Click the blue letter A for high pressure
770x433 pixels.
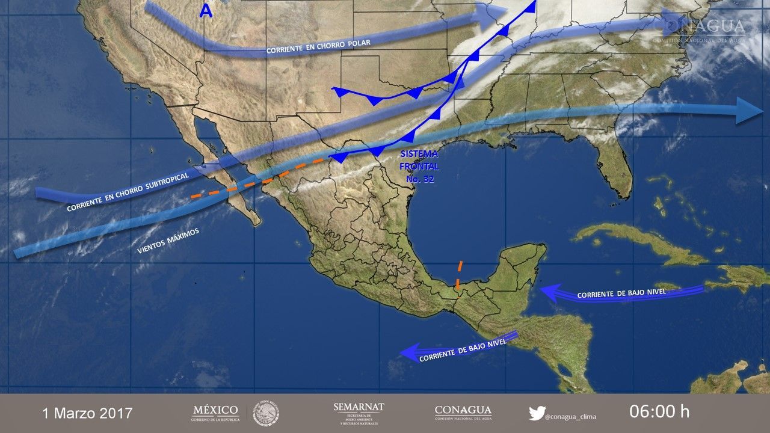[x=206, y=12]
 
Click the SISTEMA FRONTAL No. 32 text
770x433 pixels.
[x=420, y=166]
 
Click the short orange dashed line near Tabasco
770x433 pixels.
[x=460, y=277]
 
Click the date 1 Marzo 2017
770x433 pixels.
[x=87, y=413]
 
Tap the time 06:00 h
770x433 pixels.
[x=659, y=412]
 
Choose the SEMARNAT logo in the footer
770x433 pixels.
[x=359, y=413]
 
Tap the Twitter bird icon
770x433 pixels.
[x=537, y=413]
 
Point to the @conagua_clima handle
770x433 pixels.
[x=570, y=416]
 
